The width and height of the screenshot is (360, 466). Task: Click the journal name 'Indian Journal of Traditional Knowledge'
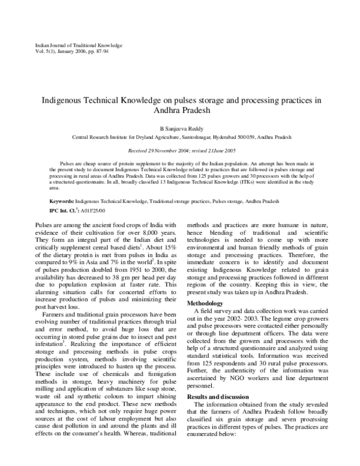[70, 45]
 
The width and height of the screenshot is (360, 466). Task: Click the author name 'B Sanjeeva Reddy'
[180, 129]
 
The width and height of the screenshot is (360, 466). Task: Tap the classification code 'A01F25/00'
[92, 211]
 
